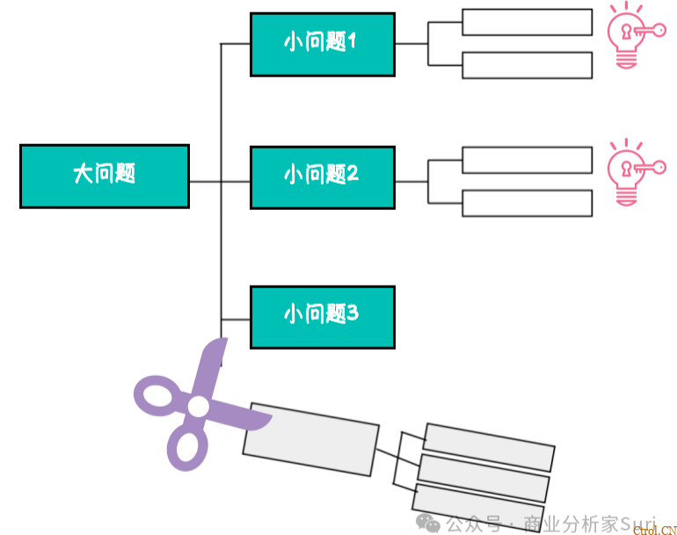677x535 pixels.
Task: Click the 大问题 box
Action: pyautogui.click(x=104, y=176)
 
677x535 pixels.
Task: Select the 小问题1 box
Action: pyautogui.click(x=322, y=44)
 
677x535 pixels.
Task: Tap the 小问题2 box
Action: pyautogui.click(x=322, y=177)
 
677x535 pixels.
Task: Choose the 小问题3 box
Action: pyautogui.click(x=322, y=316)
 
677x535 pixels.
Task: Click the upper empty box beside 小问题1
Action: pyautogui.click(x=527, y=22)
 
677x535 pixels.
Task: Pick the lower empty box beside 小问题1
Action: pyautogui.click(x=527, y=65)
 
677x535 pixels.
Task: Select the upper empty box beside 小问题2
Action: pyautogui.click(x=527, y=160)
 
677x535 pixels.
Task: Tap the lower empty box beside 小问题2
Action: pyautogui.click(x=527, y=203)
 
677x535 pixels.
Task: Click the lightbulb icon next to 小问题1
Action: pyautogui.click(x=628, y=36)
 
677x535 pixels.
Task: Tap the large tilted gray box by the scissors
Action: pyautogui.click(x=310, y=438)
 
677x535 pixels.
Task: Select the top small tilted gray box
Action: pyautogui.click(x=489, y=446)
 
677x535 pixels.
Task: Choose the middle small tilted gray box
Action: pyautogui.click(x=484, y=477)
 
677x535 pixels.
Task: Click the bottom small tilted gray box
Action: pyautogui.click(x=477, y=504)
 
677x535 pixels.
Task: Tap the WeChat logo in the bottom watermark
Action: pyautogui.click(x=430, y=524)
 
